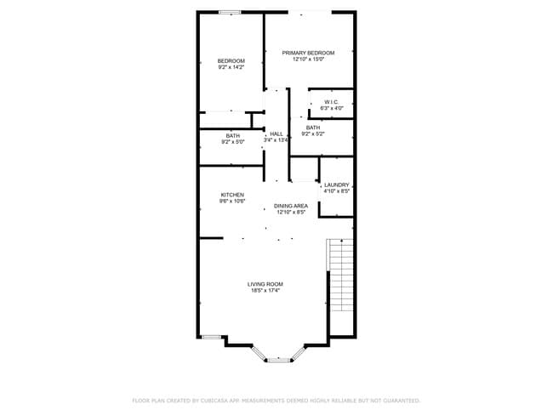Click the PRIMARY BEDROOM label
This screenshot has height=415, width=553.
click(x=308, y=53)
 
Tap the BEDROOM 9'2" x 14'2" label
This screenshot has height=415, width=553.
click(x=231, y=61)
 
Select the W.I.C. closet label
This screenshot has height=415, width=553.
click(x=332, y=102)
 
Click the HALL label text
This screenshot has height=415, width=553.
click(x=276, y=134)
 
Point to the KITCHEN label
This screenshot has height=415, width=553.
click(x=232, y=195)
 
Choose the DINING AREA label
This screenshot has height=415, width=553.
click(x=290, y=206)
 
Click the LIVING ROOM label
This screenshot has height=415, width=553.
click(x=265, y=284)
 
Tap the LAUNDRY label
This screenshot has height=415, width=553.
click(x=337, y=185)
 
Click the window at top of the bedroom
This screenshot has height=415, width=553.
click(x=229, y=12)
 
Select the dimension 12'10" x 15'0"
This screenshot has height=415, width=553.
click(x=308, y=60)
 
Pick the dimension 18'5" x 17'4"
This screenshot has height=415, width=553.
click(x=265, y=291)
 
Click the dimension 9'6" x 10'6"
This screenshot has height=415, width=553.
click(x=232, y=202)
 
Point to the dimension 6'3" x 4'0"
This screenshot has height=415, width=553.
click(x=332, y=109)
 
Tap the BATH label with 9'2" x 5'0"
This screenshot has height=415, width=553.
click(x=232, y=136)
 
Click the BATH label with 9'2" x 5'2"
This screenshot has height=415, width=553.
click(x=313, y=128)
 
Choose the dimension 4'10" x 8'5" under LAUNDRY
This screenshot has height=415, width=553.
click(x=337, y=191)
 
